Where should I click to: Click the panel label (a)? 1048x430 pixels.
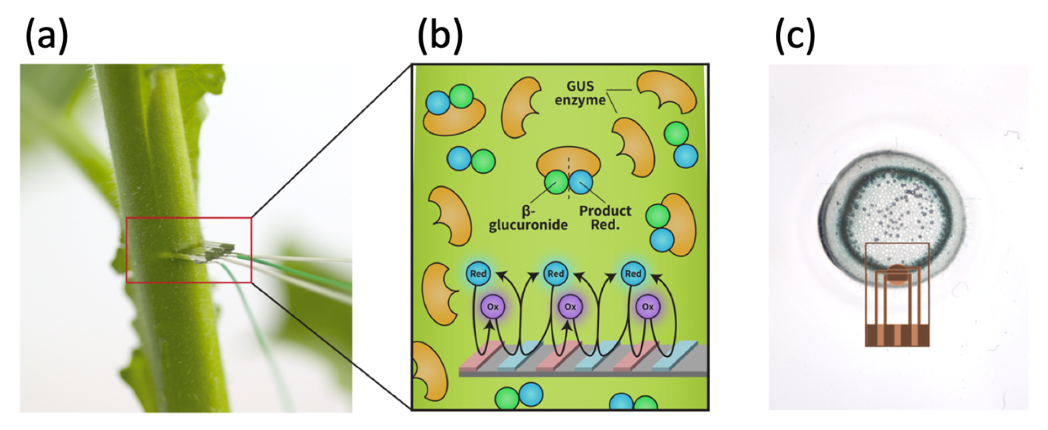(x=47, y=36)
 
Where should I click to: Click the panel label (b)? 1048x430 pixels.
(x=440, y=36)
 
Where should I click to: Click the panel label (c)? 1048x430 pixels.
(x=795, y=36)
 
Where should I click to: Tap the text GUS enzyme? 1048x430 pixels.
(x=580, y=93)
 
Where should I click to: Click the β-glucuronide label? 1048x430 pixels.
(x=528, y=218)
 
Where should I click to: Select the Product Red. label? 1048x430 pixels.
(x=605, y=218)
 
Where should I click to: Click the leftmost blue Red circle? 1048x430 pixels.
(x=478, y=274)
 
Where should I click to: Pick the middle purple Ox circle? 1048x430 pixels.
(x=570, y=307)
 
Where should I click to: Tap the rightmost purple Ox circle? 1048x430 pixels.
(x=647, y=307)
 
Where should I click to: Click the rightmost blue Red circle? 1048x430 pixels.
(x=633, y=274)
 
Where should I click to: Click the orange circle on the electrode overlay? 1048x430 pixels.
(x=897, y=274)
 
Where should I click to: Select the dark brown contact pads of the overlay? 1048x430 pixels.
(x=897, y=335)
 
